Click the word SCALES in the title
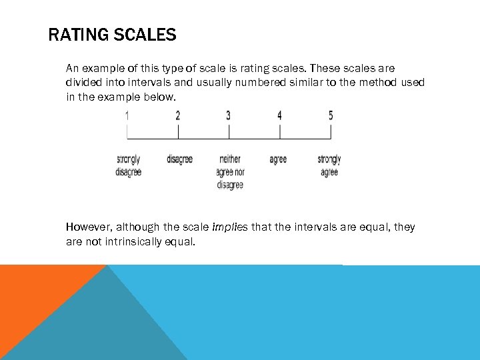(145, 35)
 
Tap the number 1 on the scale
(127, 116)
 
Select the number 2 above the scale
(178, 116)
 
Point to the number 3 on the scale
(229, 116)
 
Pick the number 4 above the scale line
(279, 116)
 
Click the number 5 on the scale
(331, 116)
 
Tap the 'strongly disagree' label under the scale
(128, 165)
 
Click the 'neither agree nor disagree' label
(230, 171)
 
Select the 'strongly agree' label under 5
(329, 165)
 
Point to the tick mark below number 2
(178, 131)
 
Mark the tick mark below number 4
(280, 131)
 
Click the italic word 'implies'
(229, 227)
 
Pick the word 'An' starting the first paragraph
(72, 68)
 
